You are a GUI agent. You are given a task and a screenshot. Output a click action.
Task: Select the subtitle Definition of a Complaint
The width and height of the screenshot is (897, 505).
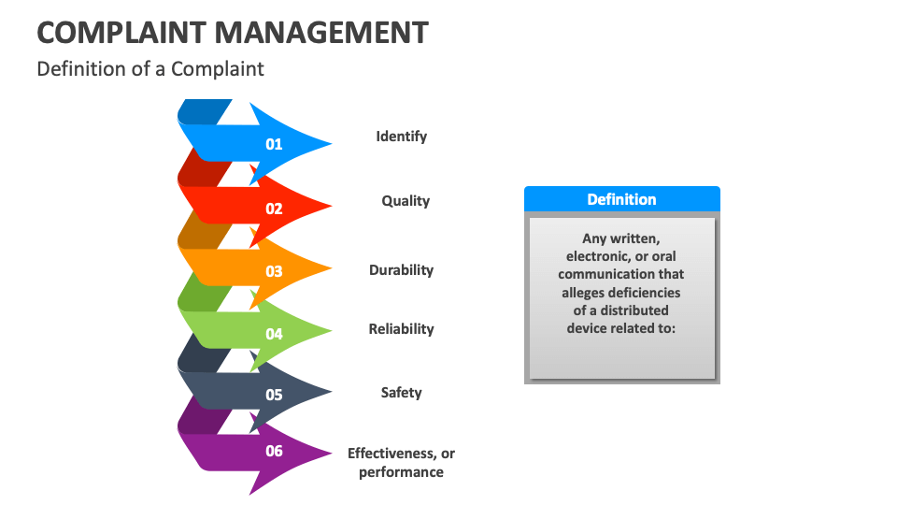[x=150, y=69]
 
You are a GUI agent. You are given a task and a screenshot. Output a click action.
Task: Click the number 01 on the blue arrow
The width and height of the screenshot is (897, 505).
[x=274, y=144]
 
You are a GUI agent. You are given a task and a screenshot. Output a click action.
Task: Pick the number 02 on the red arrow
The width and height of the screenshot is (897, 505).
[x=274, y=209]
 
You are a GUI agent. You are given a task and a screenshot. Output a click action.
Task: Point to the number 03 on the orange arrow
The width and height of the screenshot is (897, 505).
[x=274, y=272]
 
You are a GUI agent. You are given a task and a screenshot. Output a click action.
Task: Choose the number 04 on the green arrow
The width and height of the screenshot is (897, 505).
[x=274, y=334]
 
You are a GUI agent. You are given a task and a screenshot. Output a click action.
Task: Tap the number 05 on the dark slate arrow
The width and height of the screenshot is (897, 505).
[x=274, y=395]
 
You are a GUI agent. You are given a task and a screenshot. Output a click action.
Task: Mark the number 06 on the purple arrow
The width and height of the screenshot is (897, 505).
[x=274, y=452]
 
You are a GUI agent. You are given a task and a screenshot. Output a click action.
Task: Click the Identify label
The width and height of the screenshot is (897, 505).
[x=401, y=137]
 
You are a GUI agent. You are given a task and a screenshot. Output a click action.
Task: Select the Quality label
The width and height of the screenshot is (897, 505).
[x=406, y=201]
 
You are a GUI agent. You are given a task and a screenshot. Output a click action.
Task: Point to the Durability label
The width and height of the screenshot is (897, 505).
[x=401, y=270]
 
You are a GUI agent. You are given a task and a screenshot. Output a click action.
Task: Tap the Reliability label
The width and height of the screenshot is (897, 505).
[x=401, y=329]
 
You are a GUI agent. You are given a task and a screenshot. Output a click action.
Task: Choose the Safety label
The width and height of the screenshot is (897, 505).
[x=401, y=393]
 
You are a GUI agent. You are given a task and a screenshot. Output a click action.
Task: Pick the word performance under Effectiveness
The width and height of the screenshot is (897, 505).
[x=401, y=472]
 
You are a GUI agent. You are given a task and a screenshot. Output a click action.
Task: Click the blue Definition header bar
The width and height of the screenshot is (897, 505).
[x=621, y=199]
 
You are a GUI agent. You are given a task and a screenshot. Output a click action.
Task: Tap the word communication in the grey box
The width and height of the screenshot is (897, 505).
[x=621, y=274]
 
